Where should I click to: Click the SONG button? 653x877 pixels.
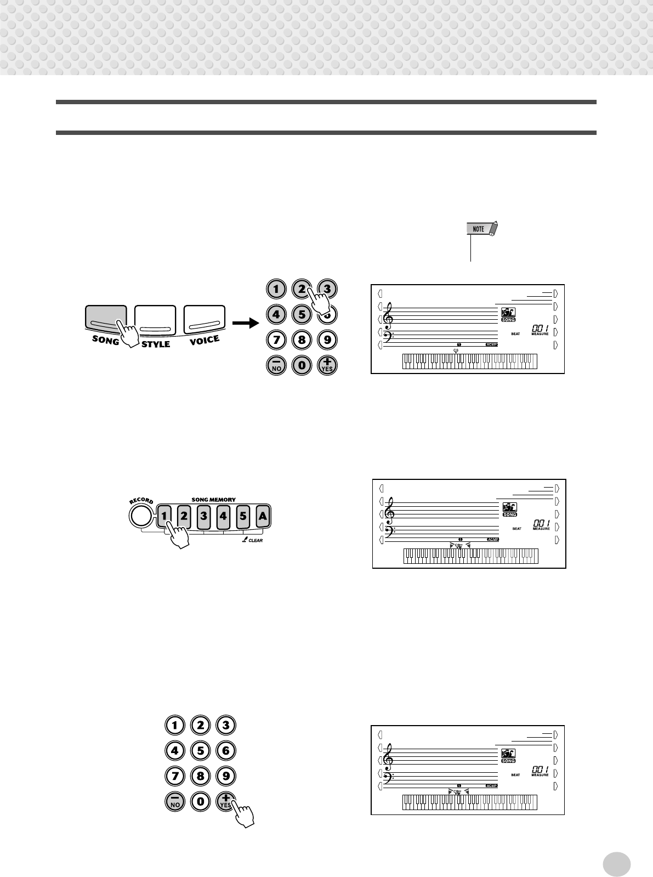click(106, 321)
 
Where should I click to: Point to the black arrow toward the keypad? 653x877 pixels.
click(245, 323)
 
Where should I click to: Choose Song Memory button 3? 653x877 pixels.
click(203, 516)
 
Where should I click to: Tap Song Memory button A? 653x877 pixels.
click(263, 516)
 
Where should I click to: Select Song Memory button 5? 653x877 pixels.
click(243, 516)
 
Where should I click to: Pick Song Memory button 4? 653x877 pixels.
click(223, 516)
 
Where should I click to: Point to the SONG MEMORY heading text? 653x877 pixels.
click(213, 500)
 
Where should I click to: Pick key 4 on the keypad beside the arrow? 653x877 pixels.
click(276, 315)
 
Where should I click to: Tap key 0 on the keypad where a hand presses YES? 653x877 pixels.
click(200, 801)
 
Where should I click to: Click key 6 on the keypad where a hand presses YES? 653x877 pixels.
click(225, 750)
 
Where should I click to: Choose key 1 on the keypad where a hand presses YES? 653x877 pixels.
click(175, 725)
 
